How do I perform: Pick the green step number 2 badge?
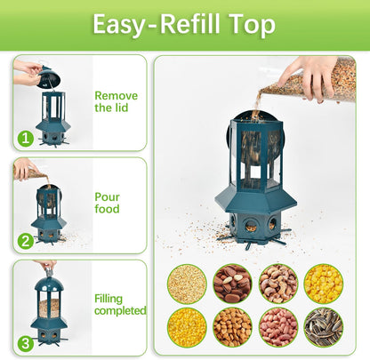pyautogui.click(x=24, y=239)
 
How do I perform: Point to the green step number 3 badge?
pyautogui.click(x=24, y=341)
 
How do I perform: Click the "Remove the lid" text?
pyautogui.click(x=116, y=101)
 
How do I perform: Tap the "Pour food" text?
pyautogui.click(x=107, y=203)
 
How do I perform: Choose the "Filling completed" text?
pyautogui.click(x=120, y=305)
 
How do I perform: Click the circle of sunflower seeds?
pyautogui.click(x=323, y=327)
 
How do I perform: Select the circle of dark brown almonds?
pyautogui.click(x=232, y=284)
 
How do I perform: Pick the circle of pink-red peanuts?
pyautogui.click(x=277, y=327)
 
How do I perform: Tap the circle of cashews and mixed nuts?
pyautogui.click(x=277, y=284)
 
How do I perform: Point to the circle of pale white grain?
pyautogui.click(x=187, y=284)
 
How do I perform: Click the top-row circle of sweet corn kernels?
pyautogui.click(x=323, y=284)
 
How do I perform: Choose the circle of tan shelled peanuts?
pyautogui.click(x=232, y=327)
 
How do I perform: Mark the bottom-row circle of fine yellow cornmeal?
pyautogui.click(x=187, y=327)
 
